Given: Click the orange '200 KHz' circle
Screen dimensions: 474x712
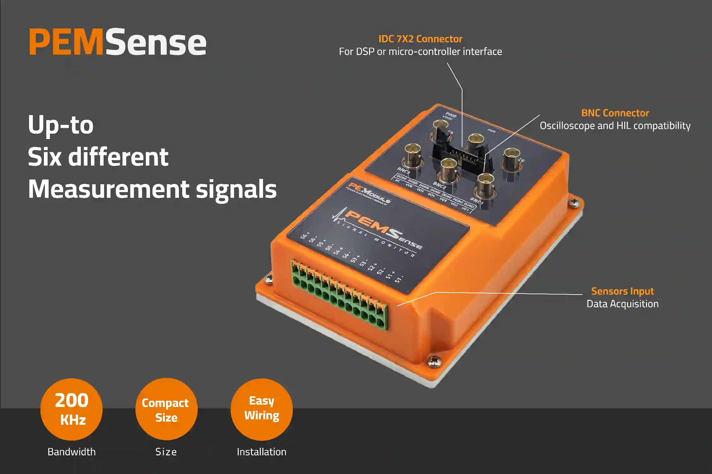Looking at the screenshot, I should [71, 409].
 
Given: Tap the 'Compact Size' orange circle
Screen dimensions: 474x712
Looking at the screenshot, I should [166, 409].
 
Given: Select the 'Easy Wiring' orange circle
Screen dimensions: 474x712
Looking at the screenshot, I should [261, 409].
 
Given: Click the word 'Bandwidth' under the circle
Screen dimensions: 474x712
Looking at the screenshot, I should [71, 452].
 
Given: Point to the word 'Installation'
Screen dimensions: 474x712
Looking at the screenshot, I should [261, 452].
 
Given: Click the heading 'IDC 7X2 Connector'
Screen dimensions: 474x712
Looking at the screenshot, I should [420, 39].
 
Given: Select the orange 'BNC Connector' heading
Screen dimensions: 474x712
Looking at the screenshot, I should [615, 113].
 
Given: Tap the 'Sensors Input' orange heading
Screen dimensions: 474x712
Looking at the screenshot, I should [622, 291].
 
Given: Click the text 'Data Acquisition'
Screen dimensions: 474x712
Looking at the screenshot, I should [622, 304].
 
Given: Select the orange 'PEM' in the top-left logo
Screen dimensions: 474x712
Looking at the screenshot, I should [66, 42].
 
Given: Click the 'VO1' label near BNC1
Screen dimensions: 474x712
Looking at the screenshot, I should [465, 209].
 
